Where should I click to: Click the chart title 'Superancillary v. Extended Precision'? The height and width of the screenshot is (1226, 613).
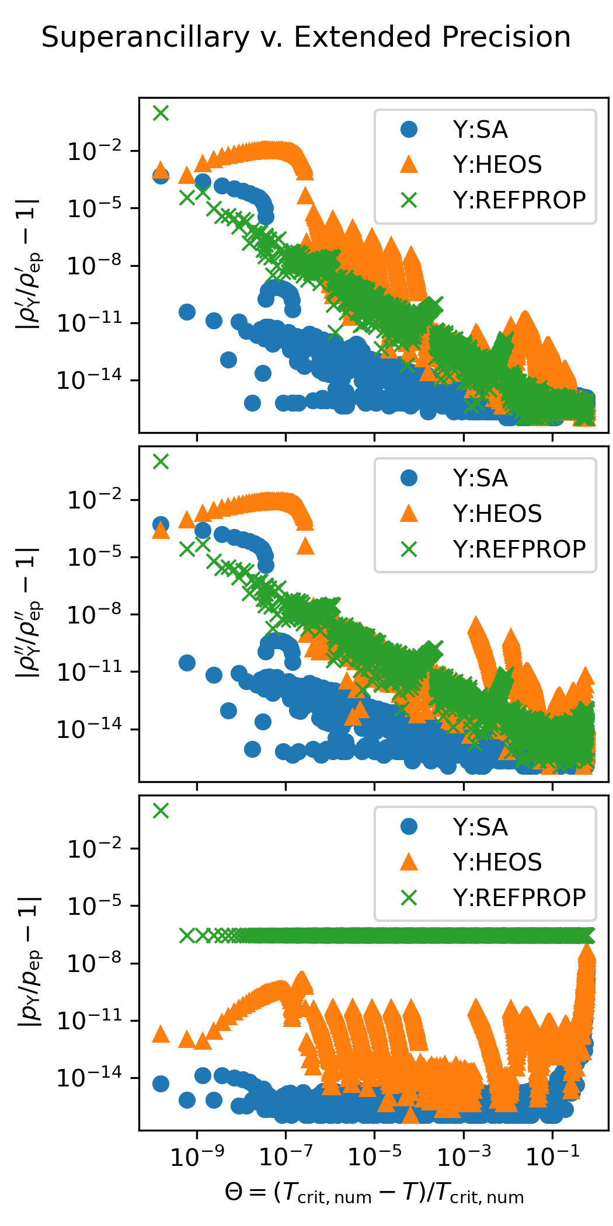click(x=306, y=37)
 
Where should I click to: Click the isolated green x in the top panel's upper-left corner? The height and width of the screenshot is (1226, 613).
click(x=161, y=113)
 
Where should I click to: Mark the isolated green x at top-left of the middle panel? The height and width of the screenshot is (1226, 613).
click(x=161, y=462)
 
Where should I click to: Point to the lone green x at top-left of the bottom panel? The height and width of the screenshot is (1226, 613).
click(x=161, y=810)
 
